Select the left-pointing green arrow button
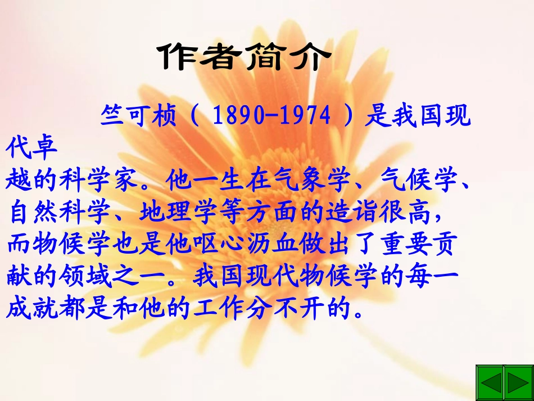pos(490,381)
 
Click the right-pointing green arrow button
pos(517,381)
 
